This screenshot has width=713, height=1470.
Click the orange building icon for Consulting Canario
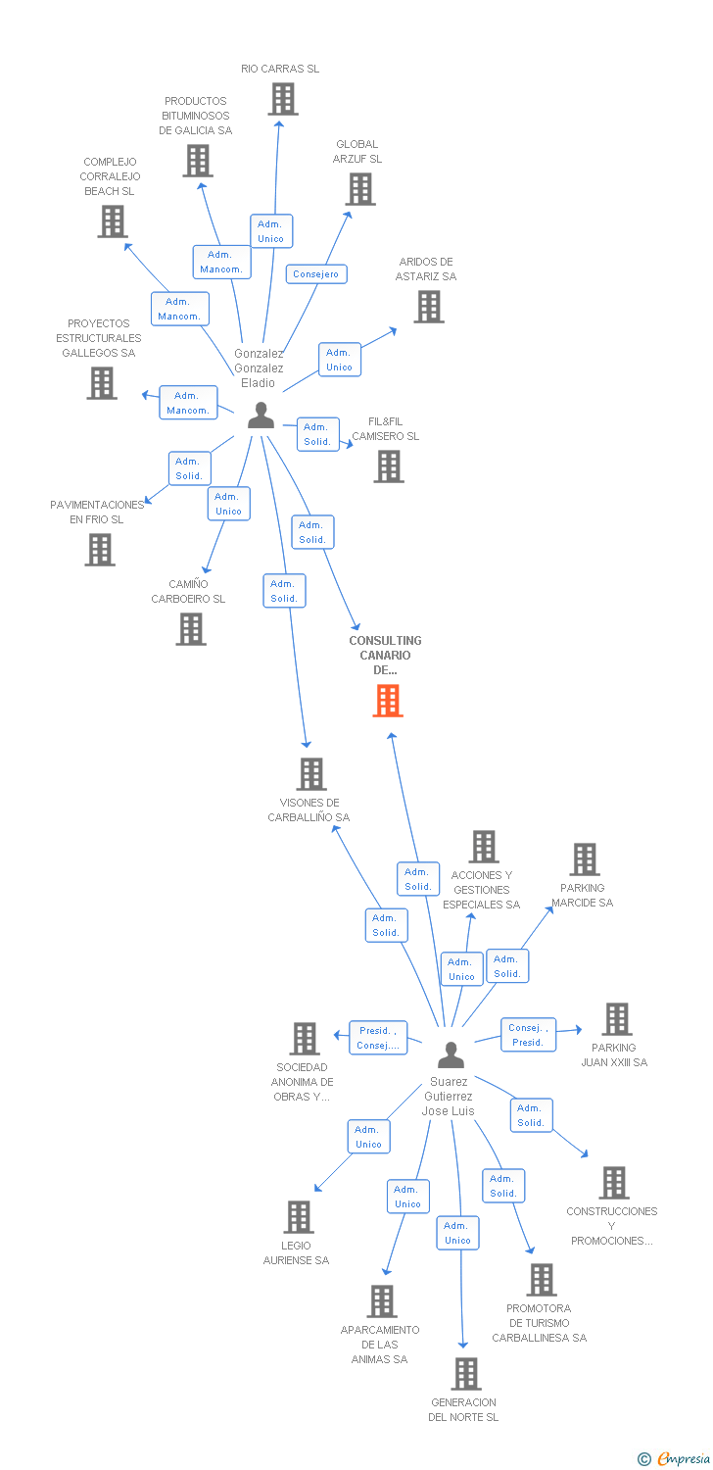pos(388,701)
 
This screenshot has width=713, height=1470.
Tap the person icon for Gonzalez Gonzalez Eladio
pos(261,416)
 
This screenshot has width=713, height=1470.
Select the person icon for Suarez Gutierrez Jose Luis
pos(451,1054)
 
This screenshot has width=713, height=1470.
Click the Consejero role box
pos(315,274)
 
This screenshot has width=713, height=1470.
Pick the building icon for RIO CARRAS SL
pos(282,99)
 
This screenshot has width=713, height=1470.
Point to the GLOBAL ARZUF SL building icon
pos(360,189)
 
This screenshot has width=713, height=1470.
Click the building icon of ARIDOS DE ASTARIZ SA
pos(428,307)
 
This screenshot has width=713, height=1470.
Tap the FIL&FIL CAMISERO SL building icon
pos(389,466)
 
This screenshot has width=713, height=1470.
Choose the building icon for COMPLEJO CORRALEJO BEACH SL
pos(114,221)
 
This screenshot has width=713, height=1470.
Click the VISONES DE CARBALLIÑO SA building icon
pos(311,774)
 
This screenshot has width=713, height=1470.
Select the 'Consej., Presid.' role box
pos(528,1035)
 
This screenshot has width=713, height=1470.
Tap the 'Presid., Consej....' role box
pos(377,1038)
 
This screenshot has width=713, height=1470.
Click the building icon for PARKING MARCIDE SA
pos(585,859)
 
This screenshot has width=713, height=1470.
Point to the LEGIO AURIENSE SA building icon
pos(299,1217)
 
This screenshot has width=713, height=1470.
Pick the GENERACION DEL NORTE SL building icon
pos(466,1374)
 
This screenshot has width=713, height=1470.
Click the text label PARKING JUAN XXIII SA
pos(614,1054)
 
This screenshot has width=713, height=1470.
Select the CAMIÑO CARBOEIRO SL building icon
pos(191,629)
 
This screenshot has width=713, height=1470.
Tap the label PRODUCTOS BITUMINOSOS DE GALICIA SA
pos(196,116)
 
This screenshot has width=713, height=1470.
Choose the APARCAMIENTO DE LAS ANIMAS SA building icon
pos(381,1301)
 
